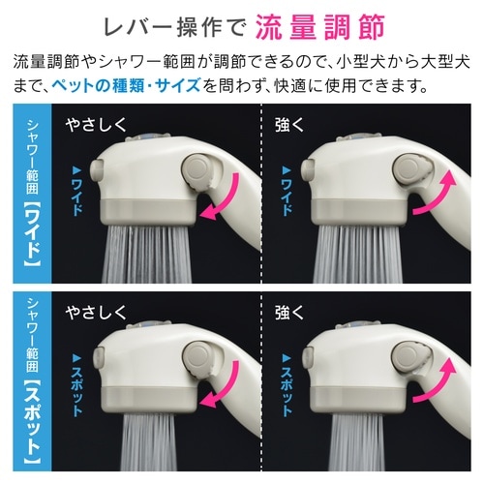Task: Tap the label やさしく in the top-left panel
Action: pyautogui.click(x=96, y=126)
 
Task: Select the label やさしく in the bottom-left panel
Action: pyautogui.click(x=96, y=313)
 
